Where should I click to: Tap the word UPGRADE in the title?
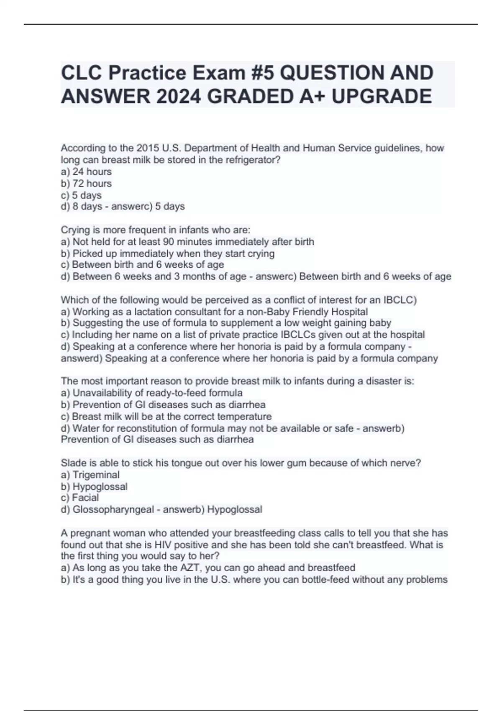point(381,96)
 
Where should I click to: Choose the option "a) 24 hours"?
point(86,171)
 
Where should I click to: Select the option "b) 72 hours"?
point(86,183)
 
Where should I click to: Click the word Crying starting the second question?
point(75,230)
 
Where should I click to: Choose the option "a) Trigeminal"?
point(90,475)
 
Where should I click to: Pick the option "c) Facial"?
point(80,498)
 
